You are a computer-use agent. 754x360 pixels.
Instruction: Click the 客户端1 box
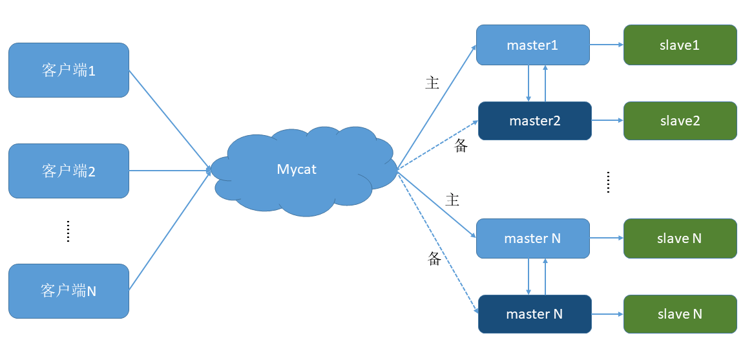68,70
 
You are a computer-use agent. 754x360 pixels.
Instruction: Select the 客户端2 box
68,171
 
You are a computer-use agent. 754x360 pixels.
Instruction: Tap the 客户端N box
68,291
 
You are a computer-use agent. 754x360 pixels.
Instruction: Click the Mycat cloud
304,171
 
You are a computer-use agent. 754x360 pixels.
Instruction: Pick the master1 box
533,45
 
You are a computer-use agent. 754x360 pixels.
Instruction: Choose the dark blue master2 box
535,121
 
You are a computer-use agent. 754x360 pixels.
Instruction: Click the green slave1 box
680,45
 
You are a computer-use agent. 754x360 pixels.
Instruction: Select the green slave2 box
680,121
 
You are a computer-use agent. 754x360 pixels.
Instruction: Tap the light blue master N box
533,238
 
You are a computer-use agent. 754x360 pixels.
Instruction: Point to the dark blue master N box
535,314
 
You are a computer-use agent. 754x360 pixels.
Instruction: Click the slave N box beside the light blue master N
680,238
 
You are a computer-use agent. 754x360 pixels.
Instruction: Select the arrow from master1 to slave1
607,45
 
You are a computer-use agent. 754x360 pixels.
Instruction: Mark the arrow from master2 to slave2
608,121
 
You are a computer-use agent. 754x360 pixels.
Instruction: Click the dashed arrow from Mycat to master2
437,145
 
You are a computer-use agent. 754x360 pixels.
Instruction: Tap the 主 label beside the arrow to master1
432,83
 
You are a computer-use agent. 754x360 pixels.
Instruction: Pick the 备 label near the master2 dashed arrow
461,146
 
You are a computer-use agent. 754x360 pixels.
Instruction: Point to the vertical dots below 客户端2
68,231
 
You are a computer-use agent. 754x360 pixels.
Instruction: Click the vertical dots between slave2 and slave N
608,182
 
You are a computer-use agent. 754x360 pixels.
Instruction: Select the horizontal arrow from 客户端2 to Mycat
170,171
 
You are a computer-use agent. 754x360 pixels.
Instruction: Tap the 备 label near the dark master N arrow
434,259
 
